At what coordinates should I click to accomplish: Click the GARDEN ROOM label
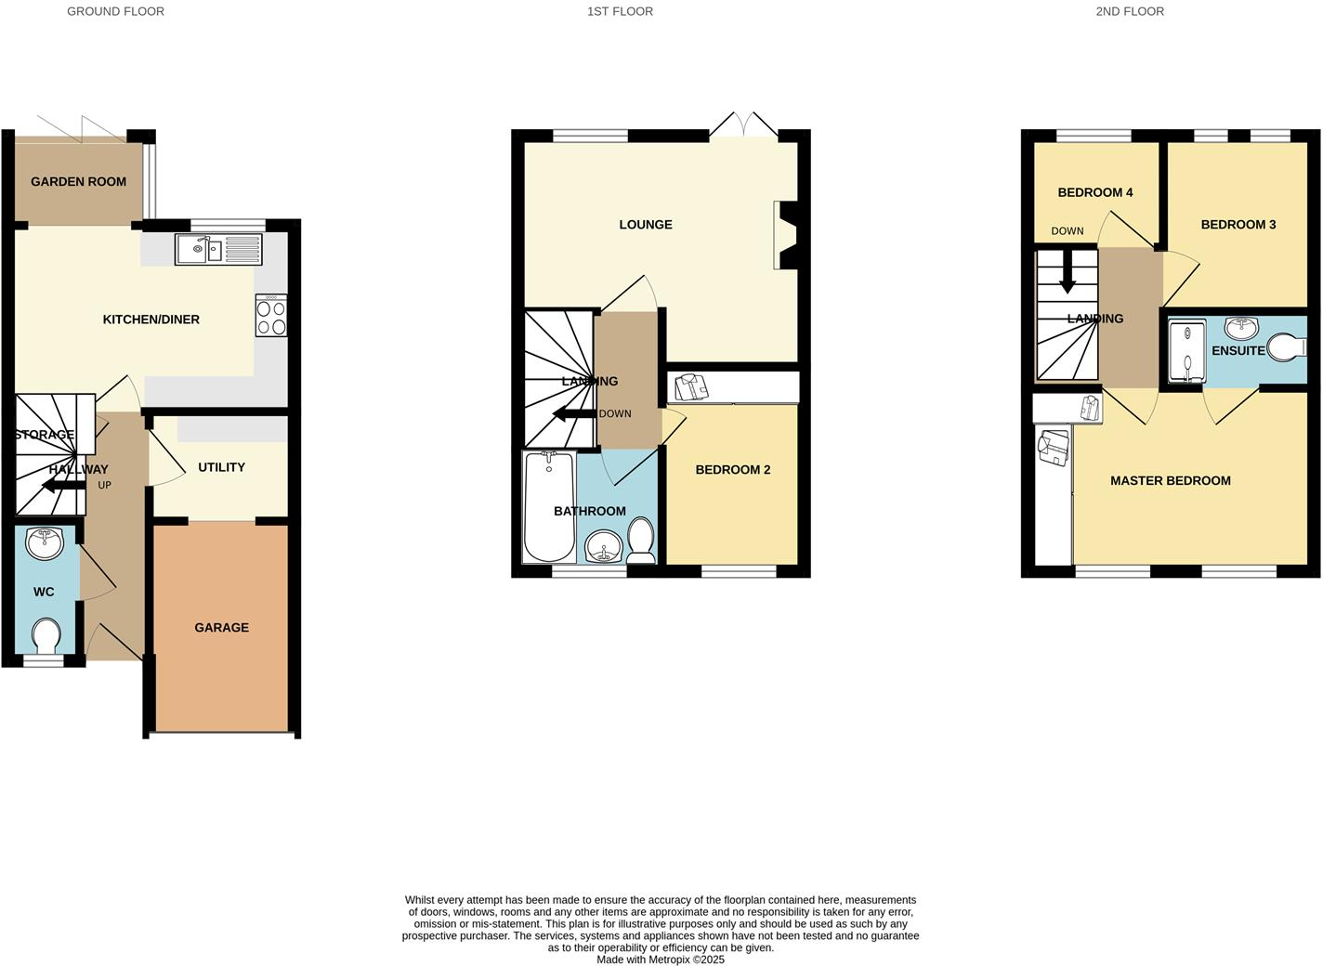(78, 181)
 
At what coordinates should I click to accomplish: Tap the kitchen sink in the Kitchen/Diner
(218, 249)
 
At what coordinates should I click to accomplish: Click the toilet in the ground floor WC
(46, 637)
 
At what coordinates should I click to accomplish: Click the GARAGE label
(221, 628)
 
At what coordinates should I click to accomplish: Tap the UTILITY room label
(221, 467)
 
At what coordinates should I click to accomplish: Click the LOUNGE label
(646, 225)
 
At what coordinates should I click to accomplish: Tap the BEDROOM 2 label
(733, 470)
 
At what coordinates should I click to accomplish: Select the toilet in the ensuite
(1289, 348)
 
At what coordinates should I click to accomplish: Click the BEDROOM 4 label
(1095, 193)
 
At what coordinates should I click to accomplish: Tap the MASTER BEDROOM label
(1171, 481)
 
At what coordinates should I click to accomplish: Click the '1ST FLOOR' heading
(620, 12)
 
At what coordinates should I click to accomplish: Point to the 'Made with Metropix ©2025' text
(661, 959)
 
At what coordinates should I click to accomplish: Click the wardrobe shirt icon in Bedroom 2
(690, 386)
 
